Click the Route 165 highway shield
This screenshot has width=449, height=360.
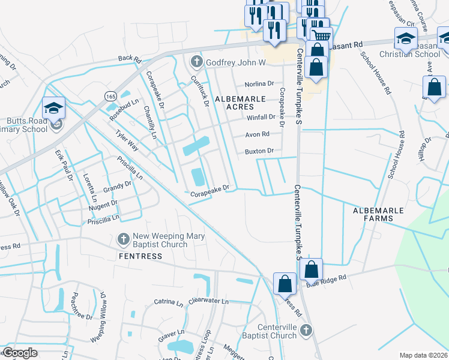(110, 96)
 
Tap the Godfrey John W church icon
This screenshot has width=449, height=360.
(196, 62)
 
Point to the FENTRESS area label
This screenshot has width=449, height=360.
(140, 256)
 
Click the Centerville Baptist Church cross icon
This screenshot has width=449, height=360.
(306, 330)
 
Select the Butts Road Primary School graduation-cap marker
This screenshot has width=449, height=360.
(53, 107)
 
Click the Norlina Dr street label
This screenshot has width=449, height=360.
(259, 85)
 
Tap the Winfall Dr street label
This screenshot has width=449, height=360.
(260, 118)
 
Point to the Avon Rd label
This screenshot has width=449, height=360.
(257, 134)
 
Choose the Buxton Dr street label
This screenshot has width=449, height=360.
(259, 151)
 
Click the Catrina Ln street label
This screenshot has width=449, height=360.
(168, 302)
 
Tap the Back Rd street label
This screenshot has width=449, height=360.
(129, 59)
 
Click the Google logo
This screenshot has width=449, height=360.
(20, 353)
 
